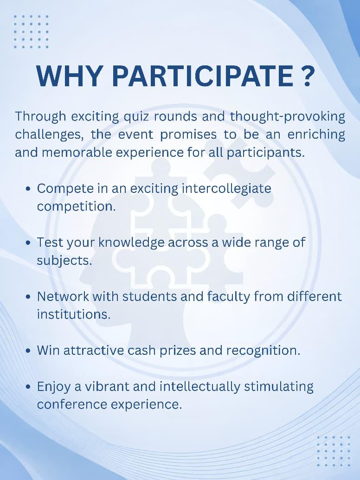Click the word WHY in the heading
tap(69, 76)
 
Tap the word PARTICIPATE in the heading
tap(202, 76)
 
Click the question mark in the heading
tap(306, 76)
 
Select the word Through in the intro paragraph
tap(40, 116)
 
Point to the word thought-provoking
tap(288, 116)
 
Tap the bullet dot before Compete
tap(28, 189)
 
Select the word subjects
tap(64, 261)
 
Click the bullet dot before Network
tap(28, 297)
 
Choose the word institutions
tap(73, 314)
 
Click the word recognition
tap(263, 351)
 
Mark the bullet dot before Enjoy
tap(28, 387)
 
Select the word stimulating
tap(278, 387)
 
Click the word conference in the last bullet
tap(71, 404)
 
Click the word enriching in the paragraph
tap(316, 134)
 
